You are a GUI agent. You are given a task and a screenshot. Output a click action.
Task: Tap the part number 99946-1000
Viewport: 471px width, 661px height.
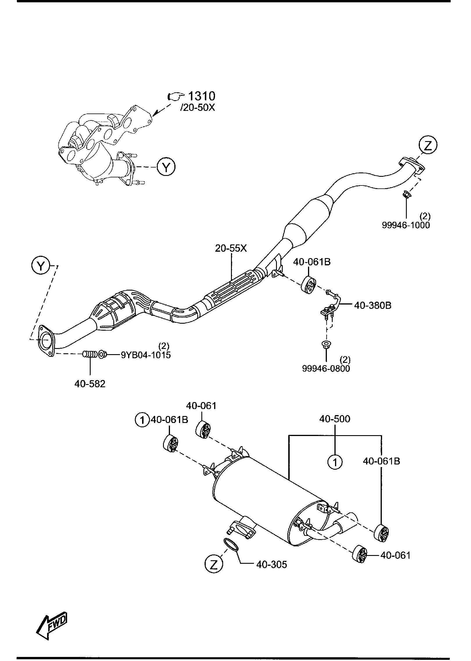(406, 225)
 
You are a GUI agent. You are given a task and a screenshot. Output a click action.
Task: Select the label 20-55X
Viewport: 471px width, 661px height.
(231, 248)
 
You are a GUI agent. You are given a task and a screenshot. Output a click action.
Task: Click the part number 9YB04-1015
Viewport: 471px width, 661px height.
(146, 355)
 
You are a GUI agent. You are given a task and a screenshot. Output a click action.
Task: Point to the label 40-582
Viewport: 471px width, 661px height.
(90, 384)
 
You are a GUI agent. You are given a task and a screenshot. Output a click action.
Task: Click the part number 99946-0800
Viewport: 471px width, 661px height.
(326, 368)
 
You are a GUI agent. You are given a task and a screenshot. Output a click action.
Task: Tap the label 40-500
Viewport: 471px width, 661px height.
(335, 419)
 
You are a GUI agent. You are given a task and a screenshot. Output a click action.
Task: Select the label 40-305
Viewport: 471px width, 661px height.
(271, 564)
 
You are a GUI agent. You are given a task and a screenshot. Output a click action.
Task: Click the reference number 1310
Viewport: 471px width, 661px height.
(202, 96)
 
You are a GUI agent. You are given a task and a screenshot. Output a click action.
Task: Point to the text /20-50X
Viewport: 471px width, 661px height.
(198, 108)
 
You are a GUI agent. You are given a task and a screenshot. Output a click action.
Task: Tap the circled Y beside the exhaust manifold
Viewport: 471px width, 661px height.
(166, 167)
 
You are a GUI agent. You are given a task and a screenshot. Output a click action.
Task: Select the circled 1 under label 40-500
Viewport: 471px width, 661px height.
(335, 462)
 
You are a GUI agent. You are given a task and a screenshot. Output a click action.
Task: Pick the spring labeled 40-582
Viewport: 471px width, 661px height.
(90, 354)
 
